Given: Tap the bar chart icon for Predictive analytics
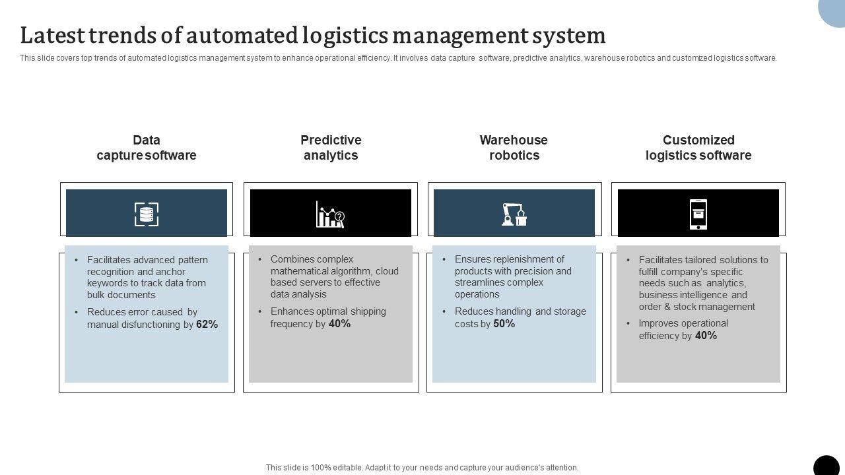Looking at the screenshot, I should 330,214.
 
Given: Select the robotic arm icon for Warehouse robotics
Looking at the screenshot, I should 514,214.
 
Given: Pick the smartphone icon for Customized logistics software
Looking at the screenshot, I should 698,214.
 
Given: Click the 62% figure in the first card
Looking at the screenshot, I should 207,325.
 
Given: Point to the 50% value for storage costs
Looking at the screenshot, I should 504,324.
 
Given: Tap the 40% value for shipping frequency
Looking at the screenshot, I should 339,324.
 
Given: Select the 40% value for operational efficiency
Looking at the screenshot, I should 706,336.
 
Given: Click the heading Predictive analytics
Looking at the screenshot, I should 331,148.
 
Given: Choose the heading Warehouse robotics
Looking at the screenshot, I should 514,148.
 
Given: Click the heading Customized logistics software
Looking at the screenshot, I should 698,148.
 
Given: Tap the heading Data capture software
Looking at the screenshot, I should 147,148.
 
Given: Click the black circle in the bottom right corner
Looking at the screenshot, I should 827,466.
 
